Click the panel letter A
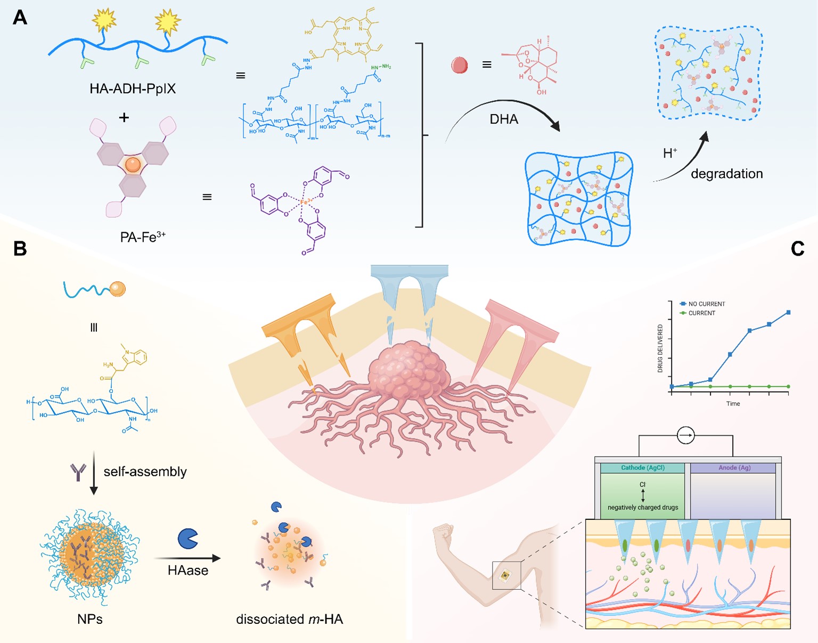tap(20, 17)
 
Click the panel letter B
tap(20, 248)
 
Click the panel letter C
tap(797, 248)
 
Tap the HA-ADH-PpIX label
tap(133, 88)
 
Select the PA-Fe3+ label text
tap(143, 237)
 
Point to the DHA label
tap(504, 119)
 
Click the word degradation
tap(726, 174)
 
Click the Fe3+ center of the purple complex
tap(306, 202)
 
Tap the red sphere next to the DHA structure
tap(459, 65)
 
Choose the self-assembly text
tap(145, 471)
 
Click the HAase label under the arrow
tap(187, 571)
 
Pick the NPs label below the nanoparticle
tap(89, 619)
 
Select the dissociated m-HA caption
tap(289, 619)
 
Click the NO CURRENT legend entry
tap(706, 304)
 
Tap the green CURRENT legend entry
tap(701, 313)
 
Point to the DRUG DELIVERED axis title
tap(660, 348)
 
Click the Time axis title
tap(733, 403)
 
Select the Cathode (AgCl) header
tap(642, 468)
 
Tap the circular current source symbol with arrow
tap(685, 435)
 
